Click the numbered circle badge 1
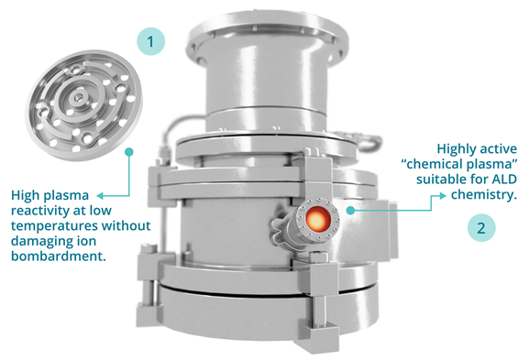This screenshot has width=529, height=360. click(x=150, y=41)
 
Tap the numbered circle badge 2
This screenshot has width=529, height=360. click(x=481, y=227)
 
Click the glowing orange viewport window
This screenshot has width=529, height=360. click(x=317, y=220)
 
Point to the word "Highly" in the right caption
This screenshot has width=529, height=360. click(x=457, y=149)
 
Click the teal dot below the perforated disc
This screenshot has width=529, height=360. click(x=129, y=152)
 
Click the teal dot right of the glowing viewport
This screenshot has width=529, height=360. click(x=350, y=211)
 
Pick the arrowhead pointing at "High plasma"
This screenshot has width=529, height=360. click(x=100, y=195)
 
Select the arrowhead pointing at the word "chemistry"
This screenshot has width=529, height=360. click(x=443, y=195)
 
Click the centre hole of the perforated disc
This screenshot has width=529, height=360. click(x=78, y=98)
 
